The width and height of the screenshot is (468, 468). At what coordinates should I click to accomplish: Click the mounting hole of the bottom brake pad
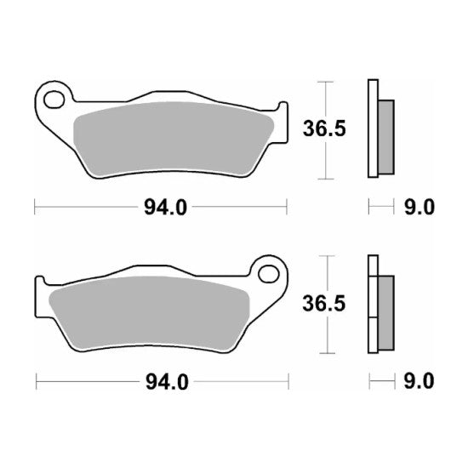[x=271, y=274]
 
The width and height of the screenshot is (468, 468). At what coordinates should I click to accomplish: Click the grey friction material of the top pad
[x=170, y=136]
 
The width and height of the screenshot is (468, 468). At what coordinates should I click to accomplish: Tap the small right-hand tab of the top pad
[x=279, y=111]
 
